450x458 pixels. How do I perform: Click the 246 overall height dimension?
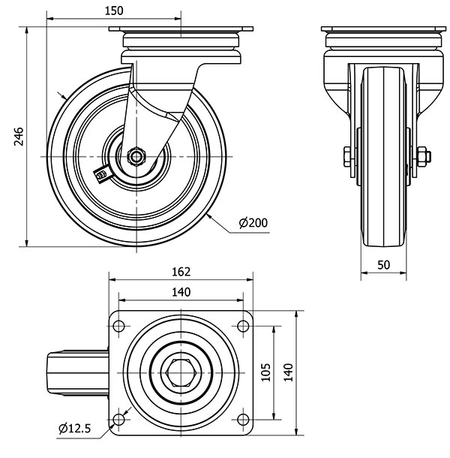pyautogui.click(x=19, y=136)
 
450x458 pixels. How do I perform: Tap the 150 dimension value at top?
pyautogui.click(x=114, y=11)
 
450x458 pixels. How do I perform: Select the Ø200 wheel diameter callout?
pyautogui.click(x=253, y=223)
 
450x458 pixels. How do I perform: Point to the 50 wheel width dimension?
pyautogui.click(x=383, y=265)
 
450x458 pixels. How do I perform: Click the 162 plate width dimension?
pyautogui.click(x=181, y=272)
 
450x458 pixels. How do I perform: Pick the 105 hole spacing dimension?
pyautogui.click(x=265, y=372)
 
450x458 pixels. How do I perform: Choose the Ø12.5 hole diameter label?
pyautogui.click(x=75, y=429)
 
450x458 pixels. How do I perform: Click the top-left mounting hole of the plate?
pyautogui.click(x=118, y=326)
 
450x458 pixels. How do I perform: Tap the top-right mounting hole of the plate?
pyautogui.click(x=243, y=326)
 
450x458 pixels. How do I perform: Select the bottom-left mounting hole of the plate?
pyautogui.click(x=118, y=420)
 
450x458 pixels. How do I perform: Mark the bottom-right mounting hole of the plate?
pyautogui.click(x=243, y=420)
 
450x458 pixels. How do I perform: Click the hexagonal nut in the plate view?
pyautogui.click(x=181, y=372)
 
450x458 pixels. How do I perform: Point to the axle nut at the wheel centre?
pyautogui.click(x=136, y=157)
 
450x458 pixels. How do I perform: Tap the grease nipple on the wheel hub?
pyautogui.click(x=101, y=175)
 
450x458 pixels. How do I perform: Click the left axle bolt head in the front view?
pyautogui.click(x=347, y=157)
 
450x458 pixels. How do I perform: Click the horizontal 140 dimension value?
pyautogui.click(x=181, y=292)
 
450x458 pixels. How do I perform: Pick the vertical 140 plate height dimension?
pyautogui.click(x=288, y=372)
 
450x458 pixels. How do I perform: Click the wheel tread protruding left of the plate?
pyautogui.click(x=78, y=373)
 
